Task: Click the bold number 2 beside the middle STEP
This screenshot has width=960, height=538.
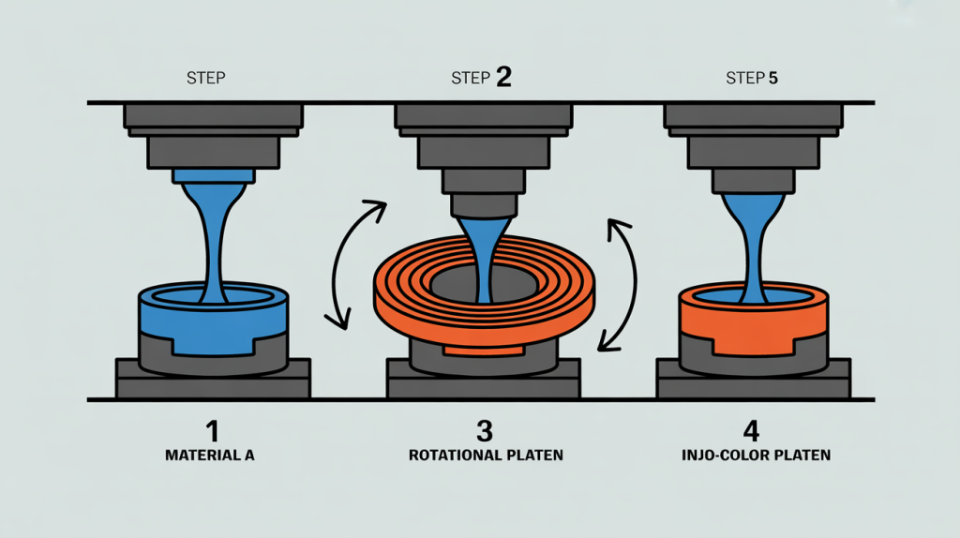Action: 503,77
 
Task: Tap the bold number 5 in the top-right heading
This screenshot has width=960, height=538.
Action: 772,79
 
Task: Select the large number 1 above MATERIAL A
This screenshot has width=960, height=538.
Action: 212,431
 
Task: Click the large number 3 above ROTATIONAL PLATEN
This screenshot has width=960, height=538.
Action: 485,431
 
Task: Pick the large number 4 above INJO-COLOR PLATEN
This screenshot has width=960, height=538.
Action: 751,431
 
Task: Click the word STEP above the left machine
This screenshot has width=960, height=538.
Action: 205,79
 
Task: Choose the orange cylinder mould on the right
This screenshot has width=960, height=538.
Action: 754,321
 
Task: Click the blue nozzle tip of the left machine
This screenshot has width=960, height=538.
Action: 214,176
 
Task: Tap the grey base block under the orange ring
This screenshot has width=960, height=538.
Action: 484,379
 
